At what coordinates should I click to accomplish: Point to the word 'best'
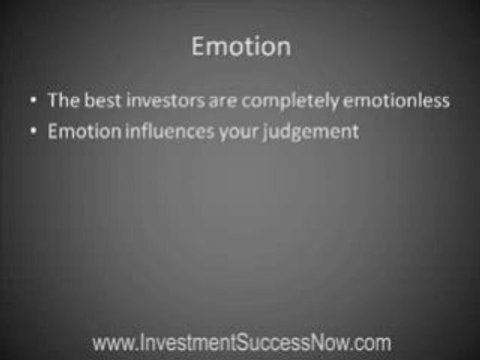coord(104,101)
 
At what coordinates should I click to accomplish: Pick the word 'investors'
coord(164,101)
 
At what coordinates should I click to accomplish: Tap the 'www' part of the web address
coord(109,342)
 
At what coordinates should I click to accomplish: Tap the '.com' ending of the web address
coord(370,342)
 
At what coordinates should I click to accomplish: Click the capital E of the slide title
coord(197,47)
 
